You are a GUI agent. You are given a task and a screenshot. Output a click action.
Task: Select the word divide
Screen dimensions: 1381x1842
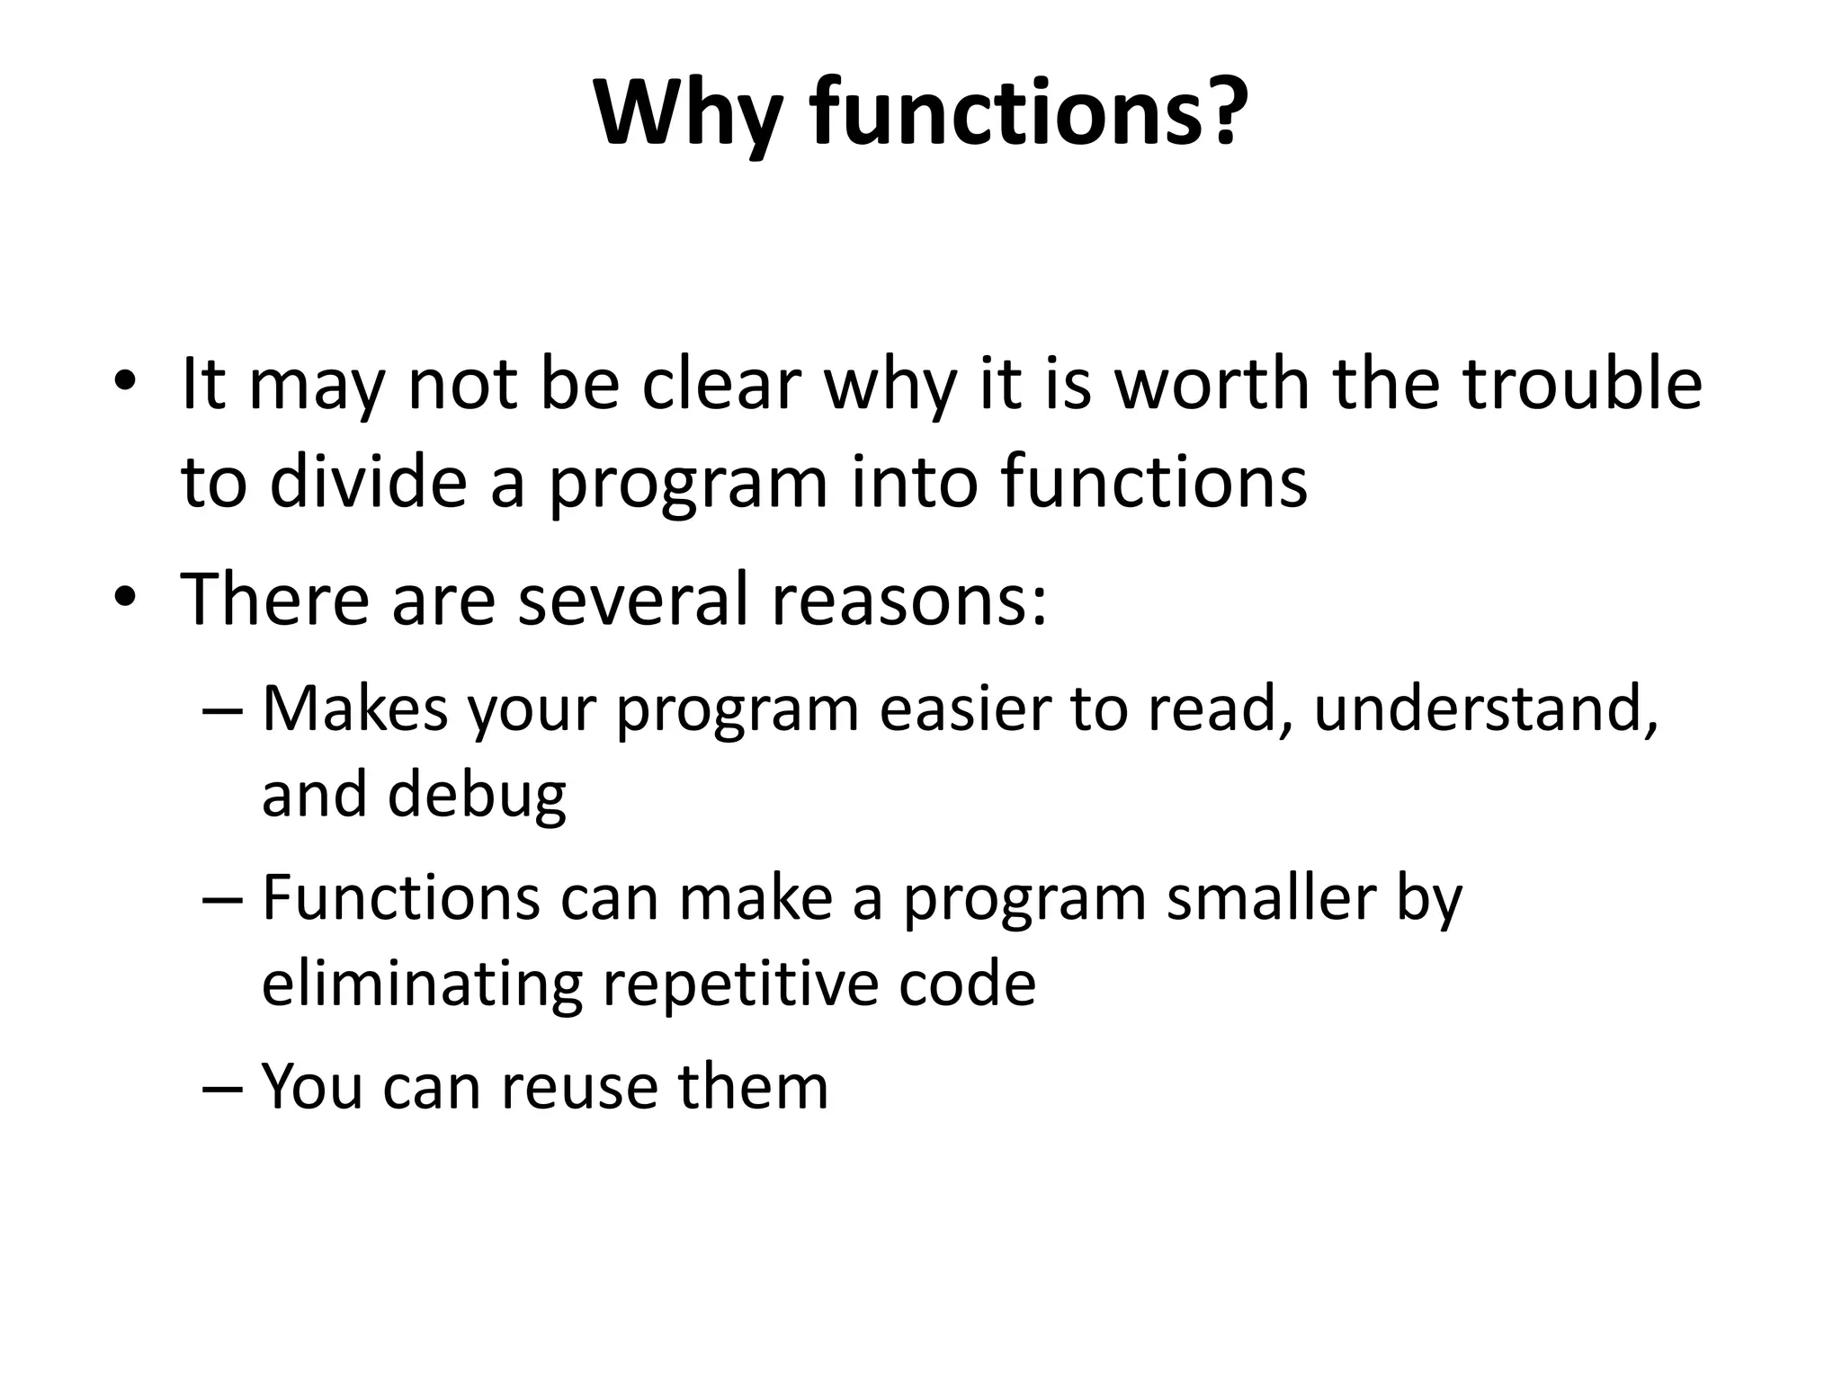point(368,481)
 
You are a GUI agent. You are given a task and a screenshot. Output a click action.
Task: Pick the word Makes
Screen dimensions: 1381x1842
point(354,708)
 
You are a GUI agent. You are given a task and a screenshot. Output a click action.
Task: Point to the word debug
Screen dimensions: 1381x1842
point(477,796)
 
